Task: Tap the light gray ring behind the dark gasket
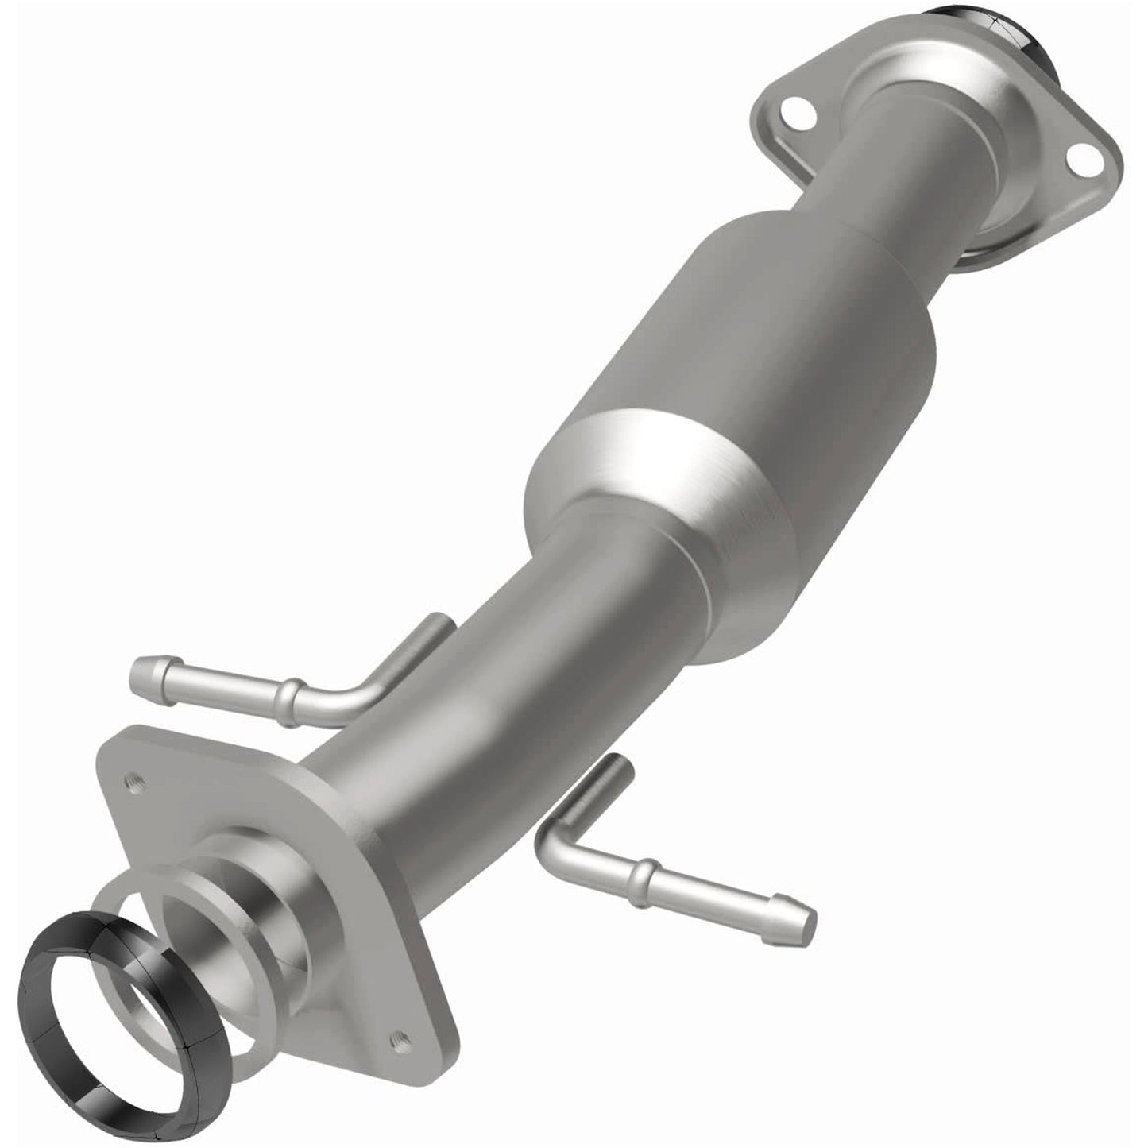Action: click(119, 898)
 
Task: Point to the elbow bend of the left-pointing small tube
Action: click(361, 699)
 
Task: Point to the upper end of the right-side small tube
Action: click(617, 769)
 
